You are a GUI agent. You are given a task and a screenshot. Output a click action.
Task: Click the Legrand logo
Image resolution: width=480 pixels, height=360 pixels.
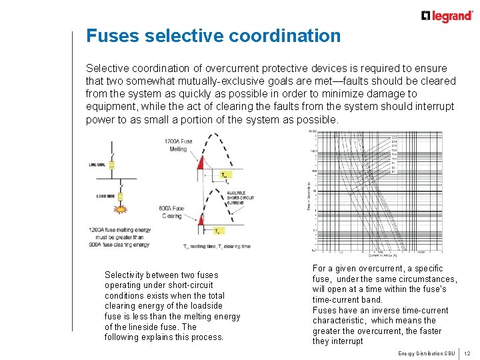click(x=446, y=15)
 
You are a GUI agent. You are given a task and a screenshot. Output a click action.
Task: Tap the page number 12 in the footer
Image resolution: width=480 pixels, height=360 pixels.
click(x=467, y=353)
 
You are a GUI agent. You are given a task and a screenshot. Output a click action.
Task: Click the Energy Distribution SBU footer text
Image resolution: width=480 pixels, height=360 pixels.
click(x=426, y=353)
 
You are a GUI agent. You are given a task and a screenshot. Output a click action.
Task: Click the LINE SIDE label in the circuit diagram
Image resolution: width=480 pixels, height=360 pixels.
click(x=98, y=165)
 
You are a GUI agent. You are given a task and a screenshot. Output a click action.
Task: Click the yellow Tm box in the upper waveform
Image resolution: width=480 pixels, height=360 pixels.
click(x=224, y=175)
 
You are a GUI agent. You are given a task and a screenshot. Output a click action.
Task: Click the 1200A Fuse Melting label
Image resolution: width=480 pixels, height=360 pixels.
click(x=178, y=145)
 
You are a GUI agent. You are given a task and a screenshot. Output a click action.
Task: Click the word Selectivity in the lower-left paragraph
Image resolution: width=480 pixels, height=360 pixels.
click(x=123, y=275)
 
